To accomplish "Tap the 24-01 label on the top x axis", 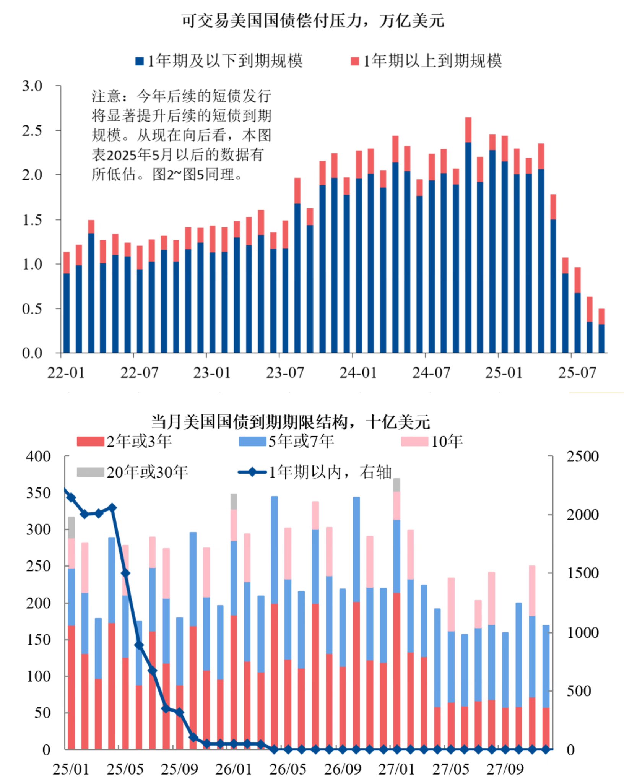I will (x=358, y=372).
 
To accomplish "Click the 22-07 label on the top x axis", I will (x=139, y=372).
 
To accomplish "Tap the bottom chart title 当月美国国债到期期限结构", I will (x=291, y=422).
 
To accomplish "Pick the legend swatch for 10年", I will (x=414, y=442).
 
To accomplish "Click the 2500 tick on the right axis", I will (x=582, y=456).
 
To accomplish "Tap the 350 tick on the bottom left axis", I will (x=38, y=493).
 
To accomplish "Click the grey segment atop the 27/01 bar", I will (x=396, y=485).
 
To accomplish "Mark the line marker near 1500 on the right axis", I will (x=125, y=573).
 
